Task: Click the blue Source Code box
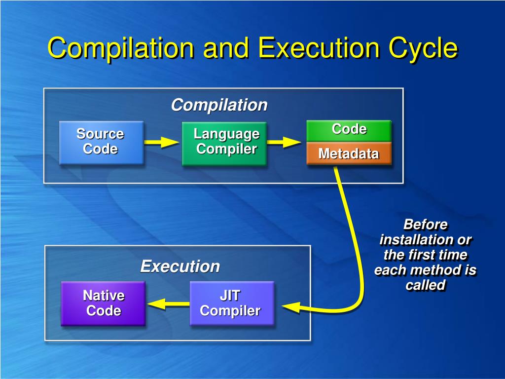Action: tap(101, 142)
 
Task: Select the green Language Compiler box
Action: tap(224, 143)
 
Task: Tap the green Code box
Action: tap(349, 130)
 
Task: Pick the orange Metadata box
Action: tap(349, 153)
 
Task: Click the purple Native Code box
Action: tap(103, 303)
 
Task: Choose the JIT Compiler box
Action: tap(231, 303)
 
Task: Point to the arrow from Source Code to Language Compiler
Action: tap(162, 143)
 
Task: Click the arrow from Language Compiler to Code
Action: tap(285, 142)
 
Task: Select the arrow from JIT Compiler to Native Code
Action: tap(168, 303)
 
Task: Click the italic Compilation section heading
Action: tap(219, 105)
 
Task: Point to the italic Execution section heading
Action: tap(180, 266)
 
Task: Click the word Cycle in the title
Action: tap(423, 48)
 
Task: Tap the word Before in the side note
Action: tap(426, 225)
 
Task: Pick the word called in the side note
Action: tap(426, 285)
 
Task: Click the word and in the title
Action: tap(226, 48)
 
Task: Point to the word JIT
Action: tap(230, 296)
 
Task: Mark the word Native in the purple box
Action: tap(104, 296)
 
